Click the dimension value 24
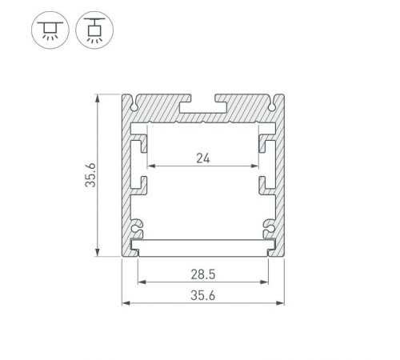point(202,157)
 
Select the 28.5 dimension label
point(202,273)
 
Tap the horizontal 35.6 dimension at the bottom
point(202,294)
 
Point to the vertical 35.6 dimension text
point(92,174)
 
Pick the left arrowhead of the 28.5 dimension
point(142,282)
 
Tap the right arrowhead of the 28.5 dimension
point(265,282)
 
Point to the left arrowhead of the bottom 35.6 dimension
point(125,302)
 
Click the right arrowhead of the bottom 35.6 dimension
point(282,302)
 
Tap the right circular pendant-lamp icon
point(94,30)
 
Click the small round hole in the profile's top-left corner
point(131,102)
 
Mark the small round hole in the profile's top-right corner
point(274,102)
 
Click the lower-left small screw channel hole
point(136,233)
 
